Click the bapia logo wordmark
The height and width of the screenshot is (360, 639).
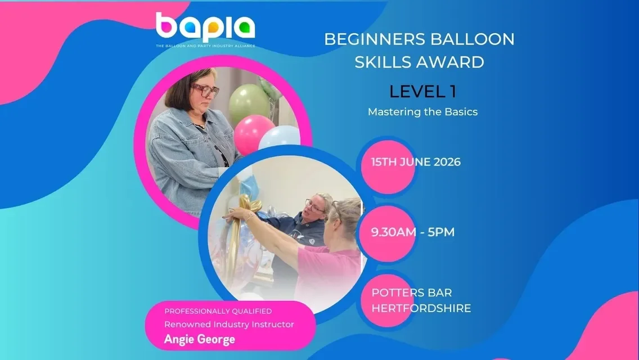point(205,28)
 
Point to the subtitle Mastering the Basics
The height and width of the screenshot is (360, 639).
point(422,111)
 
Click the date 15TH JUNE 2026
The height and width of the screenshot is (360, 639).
point(416,163)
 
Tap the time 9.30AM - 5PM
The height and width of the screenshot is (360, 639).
point(412,232)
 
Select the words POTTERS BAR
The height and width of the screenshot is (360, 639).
point(412,293)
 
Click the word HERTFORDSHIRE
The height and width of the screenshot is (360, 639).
point(421,308)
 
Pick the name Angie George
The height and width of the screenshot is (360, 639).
point(200,339)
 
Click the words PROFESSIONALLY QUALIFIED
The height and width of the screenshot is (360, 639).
point(218,311)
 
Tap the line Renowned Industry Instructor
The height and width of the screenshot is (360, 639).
point(229,324)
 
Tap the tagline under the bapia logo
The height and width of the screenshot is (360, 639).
point(205,46)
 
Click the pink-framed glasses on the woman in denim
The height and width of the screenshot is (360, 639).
point(205,89)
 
